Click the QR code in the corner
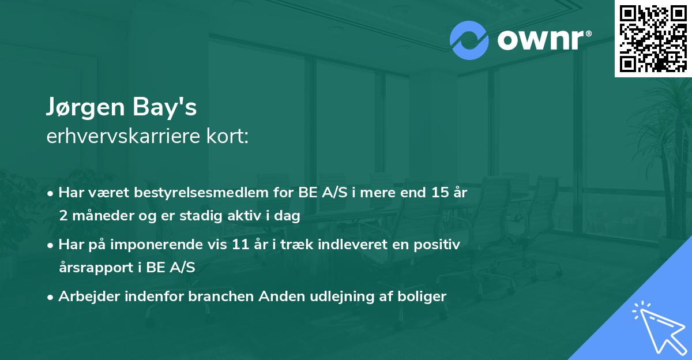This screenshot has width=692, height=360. (653, 39)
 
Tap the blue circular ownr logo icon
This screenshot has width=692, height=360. (469, 40)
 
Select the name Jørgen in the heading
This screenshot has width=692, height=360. (86, 108)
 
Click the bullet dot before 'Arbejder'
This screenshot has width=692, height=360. (51, 298)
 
